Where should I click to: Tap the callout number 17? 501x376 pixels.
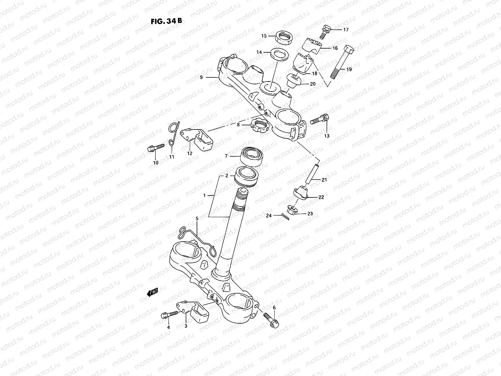(x=346, y=30)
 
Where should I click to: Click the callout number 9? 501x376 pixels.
(x=201, y=77)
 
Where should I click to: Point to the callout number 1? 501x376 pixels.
(x=204, y=195)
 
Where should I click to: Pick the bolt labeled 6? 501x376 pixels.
(x=271, y=320)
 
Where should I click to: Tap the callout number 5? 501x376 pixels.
(x=197, y=218)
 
